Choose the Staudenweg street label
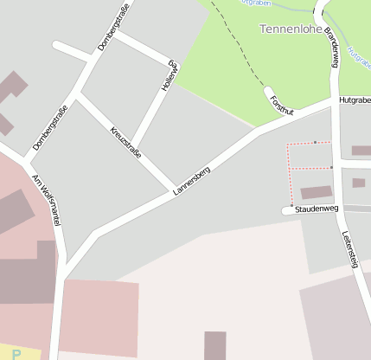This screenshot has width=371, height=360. click(316, 209)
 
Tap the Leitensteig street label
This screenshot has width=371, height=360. click(349, 250)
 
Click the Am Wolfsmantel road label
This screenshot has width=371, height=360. click(48, 200)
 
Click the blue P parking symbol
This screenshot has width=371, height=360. click(16, 354)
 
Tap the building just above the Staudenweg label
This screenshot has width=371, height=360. click(316, 192)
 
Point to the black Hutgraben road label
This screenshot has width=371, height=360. click(355, 100)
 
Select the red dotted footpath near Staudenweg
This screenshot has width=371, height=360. click(289, 169)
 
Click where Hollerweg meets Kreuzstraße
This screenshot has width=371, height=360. click(135, 147)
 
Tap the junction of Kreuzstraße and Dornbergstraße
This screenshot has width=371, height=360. click(78, 92)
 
